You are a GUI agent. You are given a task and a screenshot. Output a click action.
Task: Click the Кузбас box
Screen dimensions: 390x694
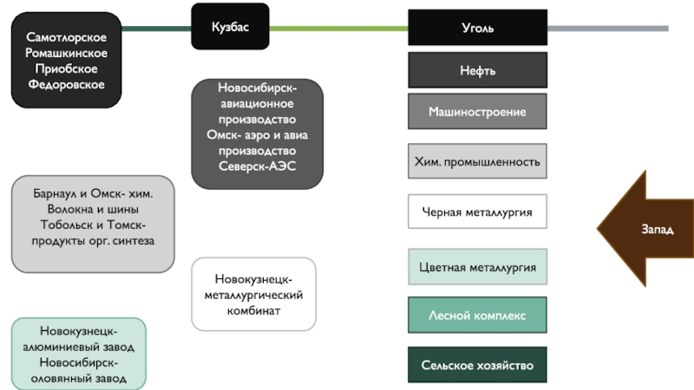(230, 28)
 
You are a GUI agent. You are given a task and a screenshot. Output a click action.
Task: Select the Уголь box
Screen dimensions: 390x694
(477, 28)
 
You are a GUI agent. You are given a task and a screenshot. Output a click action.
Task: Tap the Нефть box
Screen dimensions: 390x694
(477, 70)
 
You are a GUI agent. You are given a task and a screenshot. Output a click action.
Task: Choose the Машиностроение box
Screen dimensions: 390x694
(477, 112)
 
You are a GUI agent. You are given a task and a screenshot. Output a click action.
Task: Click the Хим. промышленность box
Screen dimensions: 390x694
(477, 161)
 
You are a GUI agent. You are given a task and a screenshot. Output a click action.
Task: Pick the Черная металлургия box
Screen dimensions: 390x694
(477, 211)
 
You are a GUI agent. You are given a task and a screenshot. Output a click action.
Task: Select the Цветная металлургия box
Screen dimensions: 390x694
(477, 267)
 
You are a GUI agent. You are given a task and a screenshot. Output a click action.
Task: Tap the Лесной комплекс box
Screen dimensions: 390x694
(477, 315)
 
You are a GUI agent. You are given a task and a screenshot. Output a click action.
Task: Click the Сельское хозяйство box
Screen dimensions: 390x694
(477, 365)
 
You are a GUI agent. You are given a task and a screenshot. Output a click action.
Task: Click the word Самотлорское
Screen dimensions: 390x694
(66, 38)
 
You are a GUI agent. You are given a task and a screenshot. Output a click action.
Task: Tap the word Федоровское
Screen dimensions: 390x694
(66, 85)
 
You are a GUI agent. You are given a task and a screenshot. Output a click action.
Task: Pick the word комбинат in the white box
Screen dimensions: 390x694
(253, 310)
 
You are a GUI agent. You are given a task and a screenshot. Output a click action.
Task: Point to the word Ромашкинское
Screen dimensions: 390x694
(66, 54)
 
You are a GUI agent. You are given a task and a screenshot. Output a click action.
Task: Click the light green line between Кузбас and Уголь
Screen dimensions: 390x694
(338, 29)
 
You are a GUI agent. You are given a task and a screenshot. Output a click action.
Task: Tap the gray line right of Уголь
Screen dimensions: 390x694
(607, 29)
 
